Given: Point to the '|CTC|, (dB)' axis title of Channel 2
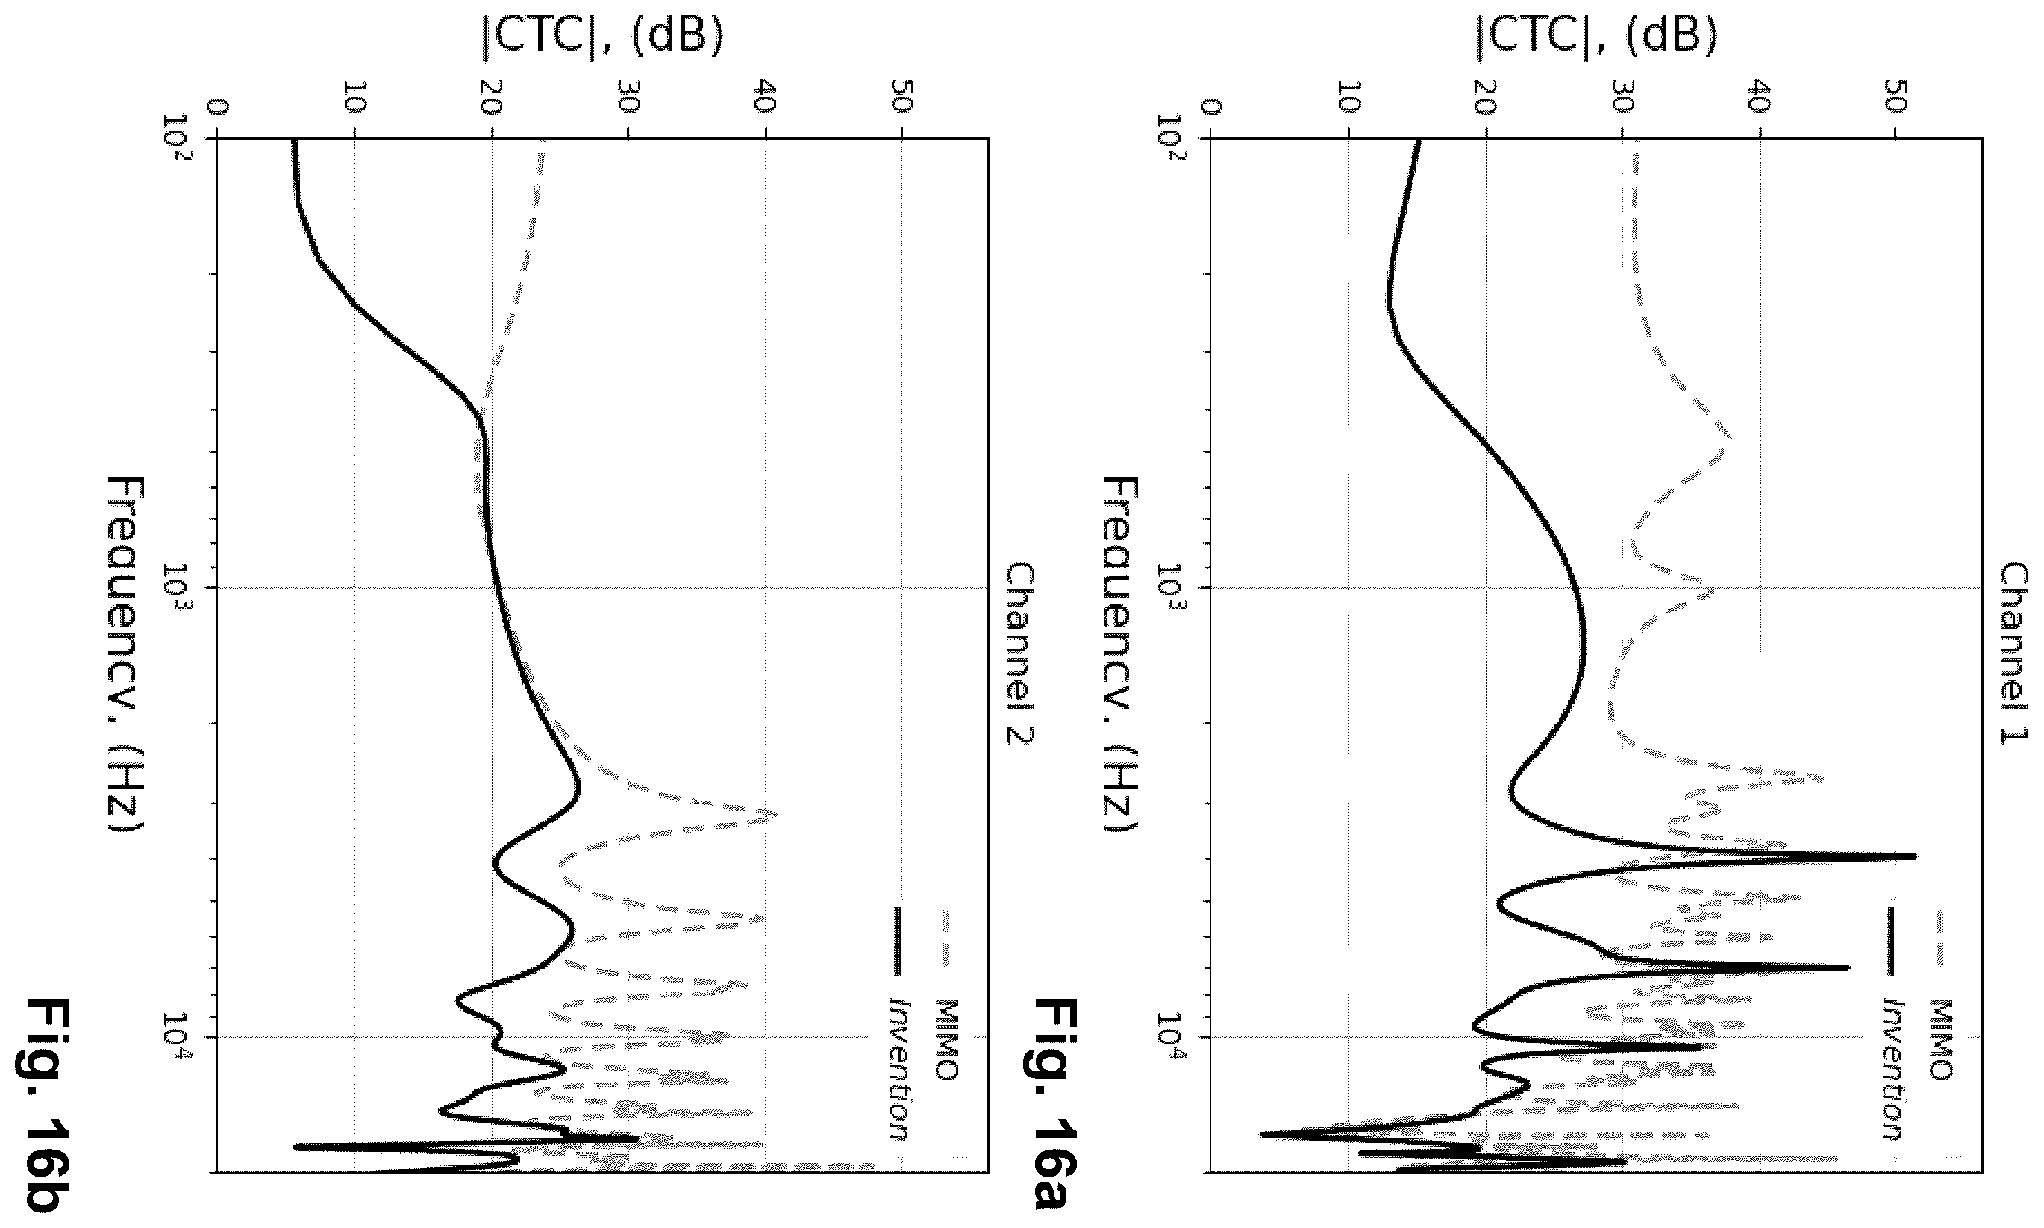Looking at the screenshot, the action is (x=602, y=37).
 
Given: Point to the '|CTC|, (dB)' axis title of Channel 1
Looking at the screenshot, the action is (x=1597, y=37).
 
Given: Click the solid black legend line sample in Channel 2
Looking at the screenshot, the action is (x=896, y=942).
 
